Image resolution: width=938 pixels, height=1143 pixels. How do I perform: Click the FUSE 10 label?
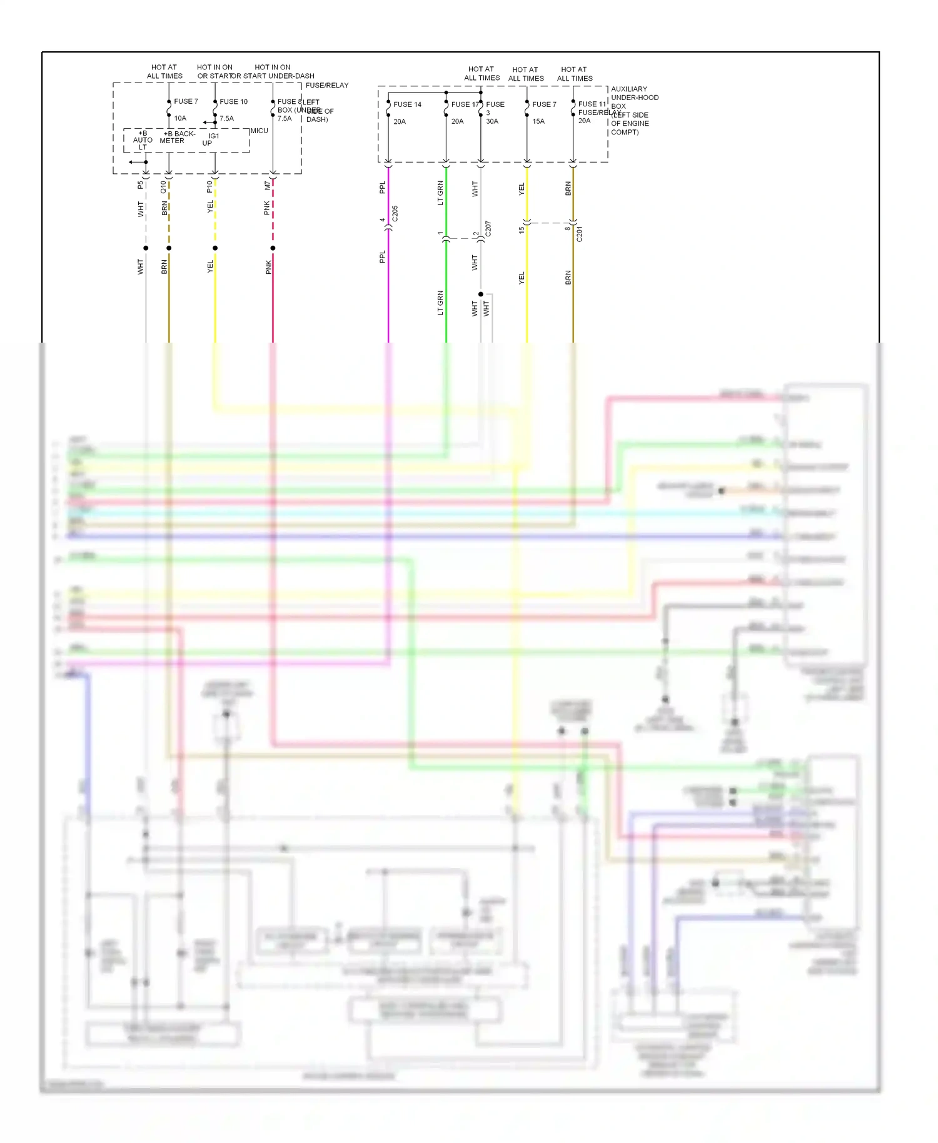point(233,101)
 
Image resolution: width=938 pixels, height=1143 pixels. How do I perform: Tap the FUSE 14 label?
point(407,104)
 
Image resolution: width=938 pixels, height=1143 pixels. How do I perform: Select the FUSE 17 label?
point(464,104)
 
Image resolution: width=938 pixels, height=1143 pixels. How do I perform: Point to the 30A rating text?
point(492,121)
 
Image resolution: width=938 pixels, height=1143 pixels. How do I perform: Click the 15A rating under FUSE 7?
point(538,121)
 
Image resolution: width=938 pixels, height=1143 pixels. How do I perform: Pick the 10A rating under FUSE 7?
point(180,118)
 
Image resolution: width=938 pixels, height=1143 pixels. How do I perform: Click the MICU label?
point(259,131)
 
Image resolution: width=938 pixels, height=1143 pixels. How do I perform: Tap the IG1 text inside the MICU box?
point(214,136)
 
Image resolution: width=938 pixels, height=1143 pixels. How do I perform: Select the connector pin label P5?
point(140,185)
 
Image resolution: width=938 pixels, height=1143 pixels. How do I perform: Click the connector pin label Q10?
point(163,186)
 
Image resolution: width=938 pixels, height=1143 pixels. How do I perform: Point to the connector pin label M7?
point(267,186)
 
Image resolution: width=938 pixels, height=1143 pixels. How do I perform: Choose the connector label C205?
point(395,214)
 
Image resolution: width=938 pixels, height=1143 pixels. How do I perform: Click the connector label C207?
point(488,228)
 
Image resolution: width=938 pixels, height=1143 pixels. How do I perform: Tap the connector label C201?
point(579,234)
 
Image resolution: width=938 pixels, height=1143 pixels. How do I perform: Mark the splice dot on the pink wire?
point(273,248)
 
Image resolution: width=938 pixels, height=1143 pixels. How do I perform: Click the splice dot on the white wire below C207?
point(481,294)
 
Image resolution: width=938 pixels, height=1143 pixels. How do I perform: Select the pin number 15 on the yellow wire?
point(522,230)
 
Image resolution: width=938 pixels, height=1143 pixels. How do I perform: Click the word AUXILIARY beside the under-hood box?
point(628,89)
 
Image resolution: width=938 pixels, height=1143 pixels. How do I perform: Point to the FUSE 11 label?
point(592,104)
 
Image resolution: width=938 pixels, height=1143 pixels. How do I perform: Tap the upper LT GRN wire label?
point(440,193)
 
